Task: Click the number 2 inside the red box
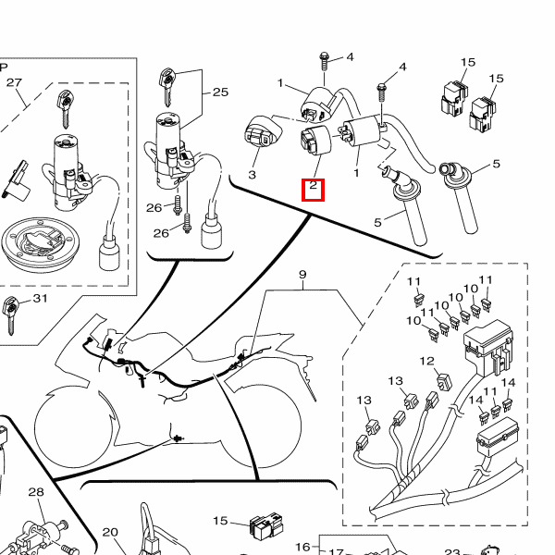(x=313, y=185)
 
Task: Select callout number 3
(x=252, y=175)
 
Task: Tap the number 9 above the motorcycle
(x=302, y=275)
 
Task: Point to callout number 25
(x=220, y=92)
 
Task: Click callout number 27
(x=14, y=82)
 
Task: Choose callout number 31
(x=40, y=299)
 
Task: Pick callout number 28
(x=36, y=492)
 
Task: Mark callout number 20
(x=110, y=532)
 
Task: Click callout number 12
(x=426, y=361)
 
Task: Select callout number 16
(x=302, y=548)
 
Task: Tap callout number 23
(x=452, y=552)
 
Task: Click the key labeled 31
(x=10, y=315)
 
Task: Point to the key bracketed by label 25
(x=167, y=87)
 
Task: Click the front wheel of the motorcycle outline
(x=74, y=426)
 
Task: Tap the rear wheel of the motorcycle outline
(x=261, y=425)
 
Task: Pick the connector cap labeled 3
(x=263, y=130)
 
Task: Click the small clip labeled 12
(x=445, y=381)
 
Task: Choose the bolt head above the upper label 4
(x=325, y=56)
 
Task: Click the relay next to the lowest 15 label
(x=266, y=525)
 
